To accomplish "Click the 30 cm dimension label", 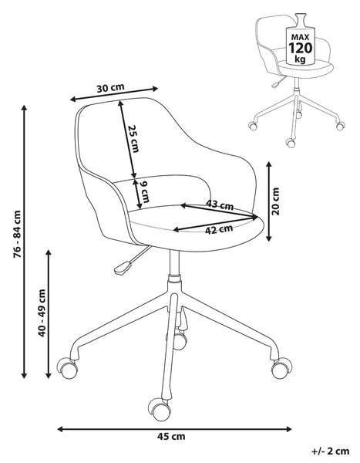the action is (x=111, y=88).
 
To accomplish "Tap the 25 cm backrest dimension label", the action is (x=133, y=139).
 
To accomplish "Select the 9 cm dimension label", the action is (x=144, y=191).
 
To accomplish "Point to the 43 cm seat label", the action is (x=220, y=204).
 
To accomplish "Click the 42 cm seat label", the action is (x=219, y=229).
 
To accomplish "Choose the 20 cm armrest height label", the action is (x=276, y=201).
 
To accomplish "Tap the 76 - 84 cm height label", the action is (x=18, y=234).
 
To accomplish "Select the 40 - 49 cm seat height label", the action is (x=42, y=313).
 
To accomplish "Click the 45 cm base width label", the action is (x=171, y=436).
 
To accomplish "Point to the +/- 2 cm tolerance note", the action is (x=330, y=451).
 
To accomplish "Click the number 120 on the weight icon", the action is (x=301, y=48).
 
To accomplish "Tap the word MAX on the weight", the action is (x=301, y=37).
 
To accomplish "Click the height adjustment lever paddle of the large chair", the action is (x=123, y=267).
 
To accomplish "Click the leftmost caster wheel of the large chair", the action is (x=68, y=367).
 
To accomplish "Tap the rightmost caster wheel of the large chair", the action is (x=281, y=368).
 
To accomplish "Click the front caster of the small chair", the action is (x=291, y=143).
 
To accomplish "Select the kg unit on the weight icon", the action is (x=300, y=59).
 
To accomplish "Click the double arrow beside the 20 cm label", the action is (x=268, y=201).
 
